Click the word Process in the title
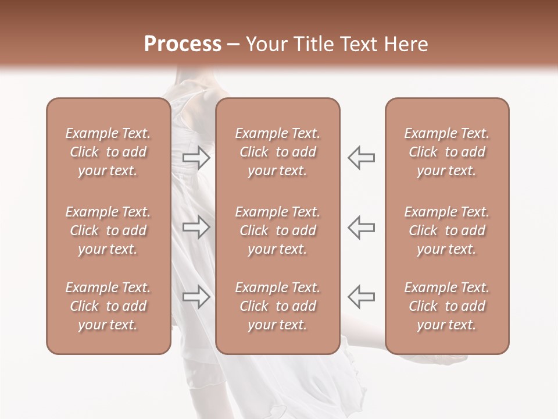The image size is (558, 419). coord(183,44)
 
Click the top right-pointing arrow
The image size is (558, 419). coord(196,157)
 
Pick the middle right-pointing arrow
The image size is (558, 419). coord(196,227)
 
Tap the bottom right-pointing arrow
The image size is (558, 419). coord(196,296)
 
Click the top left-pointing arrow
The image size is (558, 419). coord(362,157)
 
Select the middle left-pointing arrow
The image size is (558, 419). coord(362,227)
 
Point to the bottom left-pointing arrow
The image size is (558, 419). coord(362,296)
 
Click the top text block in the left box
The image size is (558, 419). coord(108,152)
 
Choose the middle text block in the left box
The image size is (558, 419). coord(108,230)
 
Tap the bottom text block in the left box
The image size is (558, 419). coord(108,306)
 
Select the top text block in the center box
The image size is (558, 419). coord(277,152)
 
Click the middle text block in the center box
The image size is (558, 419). coord(277,230)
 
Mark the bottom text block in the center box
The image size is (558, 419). coord(277,306)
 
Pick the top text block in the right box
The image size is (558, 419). coord(447,152)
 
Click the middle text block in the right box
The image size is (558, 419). coord(447,230)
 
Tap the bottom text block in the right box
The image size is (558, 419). coord(447,306)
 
